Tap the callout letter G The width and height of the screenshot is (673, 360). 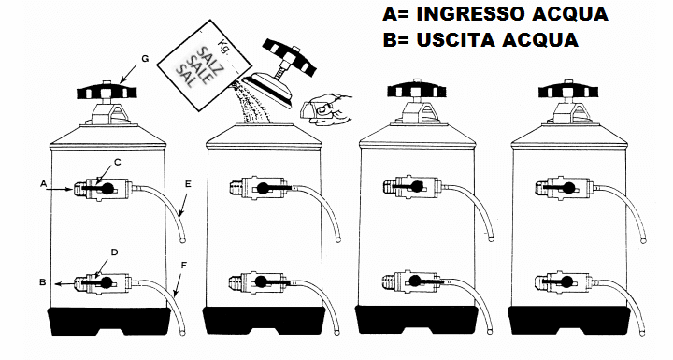coord(145,58)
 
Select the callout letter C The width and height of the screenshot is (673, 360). coord(118,162)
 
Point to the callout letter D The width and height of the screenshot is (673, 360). coord(114,252)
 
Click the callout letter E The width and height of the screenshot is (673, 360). coord(188,184)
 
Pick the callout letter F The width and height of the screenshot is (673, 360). coord(184,265)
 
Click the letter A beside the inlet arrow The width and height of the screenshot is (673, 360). coord(43,184)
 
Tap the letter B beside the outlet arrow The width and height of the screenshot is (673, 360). coord(43,282)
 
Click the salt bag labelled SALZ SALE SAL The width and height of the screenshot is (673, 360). coord(204,65)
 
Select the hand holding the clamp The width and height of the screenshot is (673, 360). coord(327,109)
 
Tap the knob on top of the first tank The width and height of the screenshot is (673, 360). coord(107,91)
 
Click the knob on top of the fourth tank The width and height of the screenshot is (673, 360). coord(568,91)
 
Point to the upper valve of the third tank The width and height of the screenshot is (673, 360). coord(411,186)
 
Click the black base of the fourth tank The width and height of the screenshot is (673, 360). coord(569,320)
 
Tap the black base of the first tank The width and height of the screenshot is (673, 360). coord(108,322)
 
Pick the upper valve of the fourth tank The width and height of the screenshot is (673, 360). coord(564,187)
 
